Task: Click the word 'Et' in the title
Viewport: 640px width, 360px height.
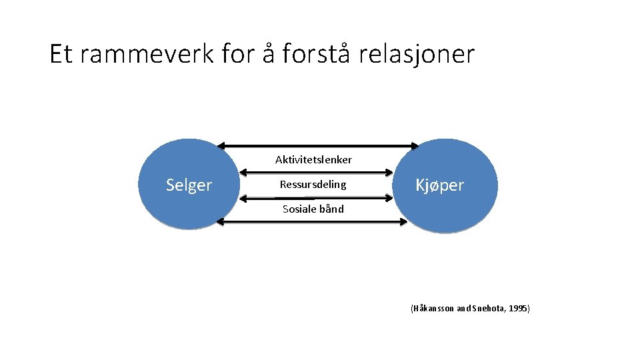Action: click(61, 54)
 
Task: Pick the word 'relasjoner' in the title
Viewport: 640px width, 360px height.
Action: click(417, 54)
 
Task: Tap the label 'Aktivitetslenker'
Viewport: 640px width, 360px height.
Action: click(313, 160)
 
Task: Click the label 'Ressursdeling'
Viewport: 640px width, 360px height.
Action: click(313, 185)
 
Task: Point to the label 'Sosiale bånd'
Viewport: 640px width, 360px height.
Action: click(313, 209)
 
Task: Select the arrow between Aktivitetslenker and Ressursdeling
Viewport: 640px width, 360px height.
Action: click(317, 171)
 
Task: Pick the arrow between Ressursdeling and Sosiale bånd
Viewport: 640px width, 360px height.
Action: click(317, 197)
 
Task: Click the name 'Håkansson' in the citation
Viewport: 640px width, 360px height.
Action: click(433, 309)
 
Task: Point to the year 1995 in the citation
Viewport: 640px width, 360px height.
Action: click(517, 309)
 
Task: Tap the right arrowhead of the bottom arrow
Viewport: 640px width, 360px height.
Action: click(402, 222)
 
